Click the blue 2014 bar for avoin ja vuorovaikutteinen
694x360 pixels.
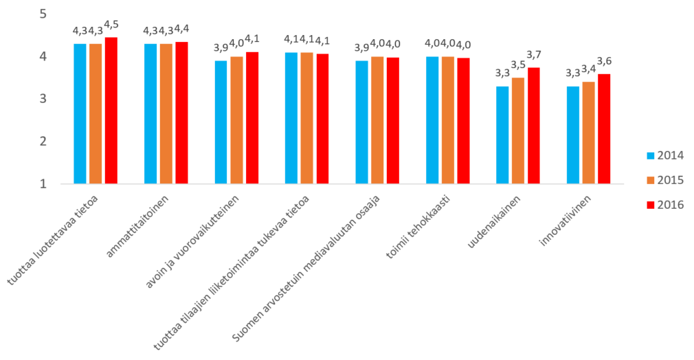(221, 122)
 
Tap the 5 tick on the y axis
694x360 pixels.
(43, 14)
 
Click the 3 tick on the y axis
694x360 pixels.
(43, 99)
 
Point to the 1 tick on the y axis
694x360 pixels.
(43, 184)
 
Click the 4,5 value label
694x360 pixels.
(111, 25)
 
